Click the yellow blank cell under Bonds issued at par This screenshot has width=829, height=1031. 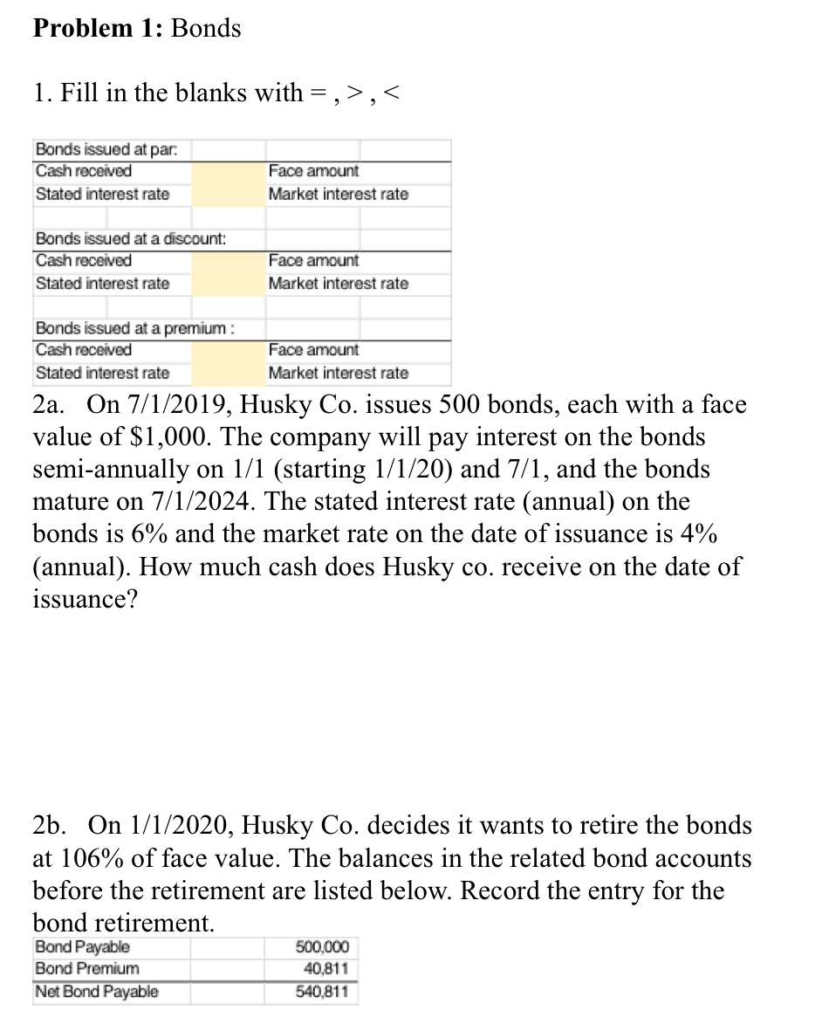click(228, 183)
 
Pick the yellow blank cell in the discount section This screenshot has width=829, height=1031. click(228, 272)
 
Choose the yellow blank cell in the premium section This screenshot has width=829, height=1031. click(228, 361)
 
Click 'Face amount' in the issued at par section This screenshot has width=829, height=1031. click(313, 172)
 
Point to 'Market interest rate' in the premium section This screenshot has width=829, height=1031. click(338, 373)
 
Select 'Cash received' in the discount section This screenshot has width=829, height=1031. click(84, 261)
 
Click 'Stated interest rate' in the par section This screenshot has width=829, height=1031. click(102, 194)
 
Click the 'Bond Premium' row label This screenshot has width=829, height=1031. click(86, 969)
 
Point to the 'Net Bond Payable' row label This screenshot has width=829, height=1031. click(96, 992)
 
